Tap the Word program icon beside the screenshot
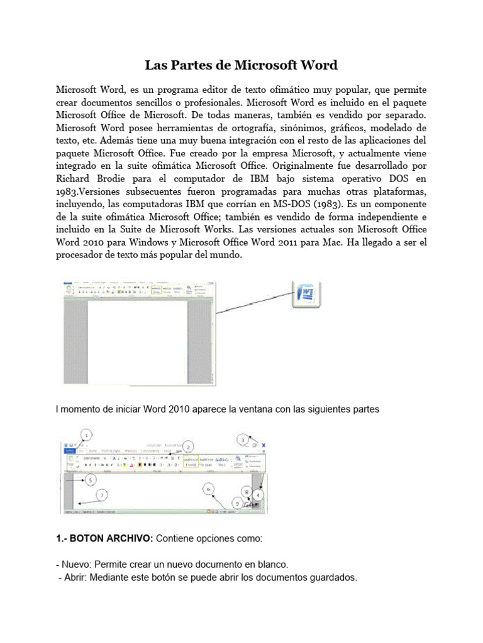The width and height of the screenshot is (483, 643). [x=308, y=293]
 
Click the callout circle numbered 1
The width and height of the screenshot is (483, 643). [x=87, y=434]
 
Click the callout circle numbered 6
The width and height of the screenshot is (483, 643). [x=210, y=488]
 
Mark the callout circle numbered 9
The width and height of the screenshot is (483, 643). [x=236, y=503]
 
